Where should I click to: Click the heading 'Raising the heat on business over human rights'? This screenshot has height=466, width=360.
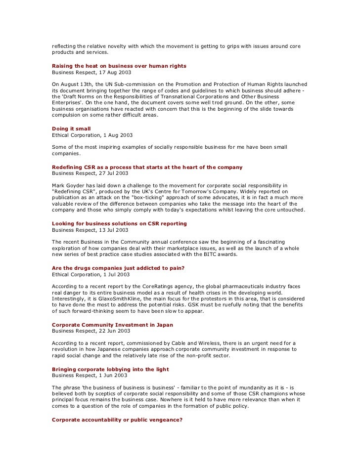[x=119, y=66]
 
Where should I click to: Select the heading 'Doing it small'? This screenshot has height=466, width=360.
[x=71, y=128]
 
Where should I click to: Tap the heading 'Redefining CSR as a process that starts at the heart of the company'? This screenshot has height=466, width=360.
[x=147, y=168]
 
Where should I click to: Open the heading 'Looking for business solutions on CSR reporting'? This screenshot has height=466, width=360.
[x=119, y=223]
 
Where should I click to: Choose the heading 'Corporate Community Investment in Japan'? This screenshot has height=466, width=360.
[x=112, y=325]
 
